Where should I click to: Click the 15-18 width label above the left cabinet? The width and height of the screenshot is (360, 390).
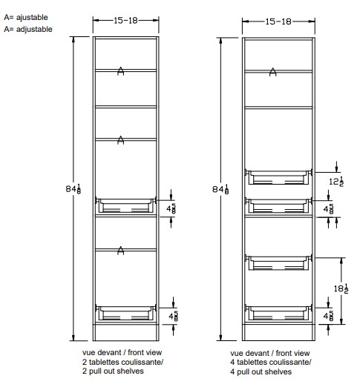pos(125,21)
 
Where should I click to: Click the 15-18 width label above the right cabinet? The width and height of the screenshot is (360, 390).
pos(278,22)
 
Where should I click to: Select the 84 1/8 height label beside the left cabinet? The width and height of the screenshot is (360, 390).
pos(73,189)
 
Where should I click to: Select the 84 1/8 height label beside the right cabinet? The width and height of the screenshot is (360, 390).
pos(220,189)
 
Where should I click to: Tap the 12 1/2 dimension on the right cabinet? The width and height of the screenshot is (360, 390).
pos(336,182)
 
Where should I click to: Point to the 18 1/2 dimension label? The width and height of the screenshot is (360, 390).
pos(341,288)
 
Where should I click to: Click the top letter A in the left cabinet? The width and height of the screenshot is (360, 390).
pos(120,71)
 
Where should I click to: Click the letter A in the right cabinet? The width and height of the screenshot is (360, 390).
pos(273,72)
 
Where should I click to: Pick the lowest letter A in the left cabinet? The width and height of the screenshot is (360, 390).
pos(120,251)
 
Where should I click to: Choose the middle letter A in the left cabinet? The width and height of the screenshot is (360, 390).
pos(120,140)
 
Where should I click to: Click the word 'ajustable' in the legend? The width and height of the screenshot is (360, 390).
pos(32,17)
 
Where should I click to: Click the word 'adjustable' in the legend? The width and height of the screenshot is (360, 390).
pos(34,30)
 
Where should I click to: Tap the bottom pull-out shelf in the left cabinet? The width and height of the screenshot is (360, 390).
pos(125,313)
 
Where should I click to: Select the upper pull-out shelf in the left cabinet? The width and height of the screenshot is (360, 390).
pos(125,205)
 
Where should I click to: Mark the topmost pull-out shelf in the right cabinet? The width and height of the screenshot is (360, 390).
pos(278,177)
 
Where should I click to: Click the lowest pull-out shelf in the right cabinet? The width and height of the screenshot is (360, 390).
pos(278,313)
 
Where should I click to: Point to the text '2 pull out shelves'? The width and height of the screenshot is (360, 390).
pos(113,371)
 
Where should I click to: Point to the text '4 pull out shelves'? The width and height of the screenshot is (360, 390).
pos(261,371)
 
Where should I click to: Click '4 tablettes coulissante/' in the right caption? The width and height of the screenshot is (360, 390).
pos(271,362)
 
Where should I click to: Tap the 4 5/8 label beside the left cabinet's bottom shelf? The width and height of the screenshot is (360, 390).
pos(173,316)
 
